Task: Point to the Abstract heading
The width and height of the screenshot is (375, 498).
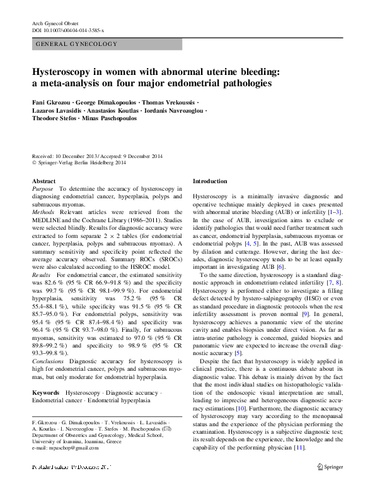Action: click(x=43, y=181)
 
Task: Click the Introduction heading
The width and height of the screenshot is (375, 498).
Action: click(x=210, y=181)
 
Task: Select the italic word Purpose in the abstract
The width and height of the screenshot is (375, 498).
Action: click(x=42, y=188)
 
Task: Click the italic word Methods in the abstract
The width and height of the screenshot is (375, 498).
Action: click(x=43, y=212)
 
